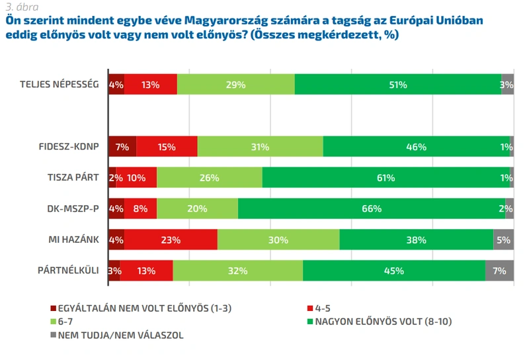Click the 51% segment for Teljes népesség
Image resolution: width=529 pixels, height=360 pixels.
coord(398,84)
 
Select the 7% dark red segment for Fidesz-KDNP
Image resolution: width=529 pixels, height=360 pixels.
coord(122,146)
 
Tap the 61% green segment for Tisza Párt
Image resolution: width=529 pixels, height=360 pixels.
coord(386,177)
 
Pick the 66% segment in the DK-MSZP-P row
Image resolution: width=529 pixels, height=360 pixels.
coord(372,208)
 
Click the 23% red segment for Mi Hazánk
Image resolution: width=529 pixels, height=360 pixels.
coord(171,240)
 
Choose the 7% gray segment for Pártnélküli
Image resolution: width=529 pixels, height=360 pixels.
coord(500,271)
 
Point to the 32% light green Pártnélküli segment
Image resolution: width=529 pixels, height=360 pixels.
coord(238,271)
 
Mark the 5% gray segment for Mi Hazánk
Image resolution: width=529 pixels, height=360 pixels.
coord(504,240)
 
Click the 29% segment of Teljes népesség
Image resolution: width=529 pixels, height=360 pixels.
coord(236,84)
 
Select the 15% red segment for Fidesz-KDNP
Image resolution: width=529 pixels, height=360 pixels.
coord(167,146)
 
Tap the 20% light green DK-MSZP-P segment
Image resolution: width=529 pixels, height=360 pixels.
coord(197,208)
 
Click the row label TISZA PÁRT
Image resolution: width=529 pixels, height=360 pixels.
coord(73,177)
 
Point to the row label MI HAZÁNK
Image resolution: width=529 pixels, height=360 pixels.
coord(73,240)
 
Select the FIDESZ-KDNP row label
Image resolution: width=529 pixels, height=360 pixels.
coord(69,146)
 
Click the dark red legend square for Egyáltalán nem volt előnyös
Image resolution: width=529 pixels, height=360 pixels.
coord(53,308)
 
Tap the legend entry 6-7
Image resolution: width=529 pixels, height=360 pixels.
coord(61,322)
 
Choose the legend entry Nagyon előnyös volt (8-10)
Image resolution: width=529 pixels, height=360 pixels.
coord(380,322)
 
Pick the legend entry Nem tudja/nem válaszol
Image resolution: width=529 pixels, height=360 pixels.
coord(117,336)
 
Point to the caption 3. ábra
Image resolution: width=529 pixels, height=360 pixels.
coord(22,7)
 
